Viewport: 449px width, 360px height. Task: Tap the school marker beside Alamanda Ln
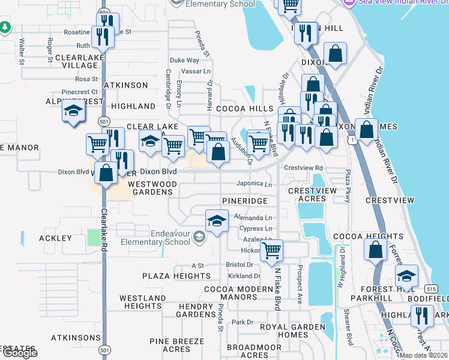pyautogui.click(x=217, y=221)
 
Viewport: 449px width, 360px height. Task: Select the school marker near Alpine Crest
pyautogui.click(x=74, y=112)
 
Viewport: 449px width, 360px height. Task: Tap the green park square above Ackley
pyautogui.click(x=94, y=236)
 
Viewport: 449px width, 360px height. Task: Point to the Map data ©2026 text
pyautogui.click(x=423, y=355)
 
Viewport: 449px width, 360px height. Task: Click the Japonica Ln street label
pyautogui.click(x=255, y=184)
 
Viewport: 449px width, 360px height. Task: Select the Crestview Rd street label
pyautogui.click(x=304, y=168)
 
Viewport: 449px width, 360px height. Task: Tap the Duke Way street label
pyautogui.click(x=184, y=60)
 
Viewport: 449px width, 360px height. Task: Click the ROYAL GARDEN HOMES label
pyautogui.click(x=292, y=331)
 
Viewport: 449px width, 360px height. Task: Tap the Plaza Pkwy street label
pyautogui.click(x=347, y=187)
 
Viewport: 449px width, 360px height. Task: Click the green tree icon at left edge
pyautogui.click(x=5, y=28)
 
